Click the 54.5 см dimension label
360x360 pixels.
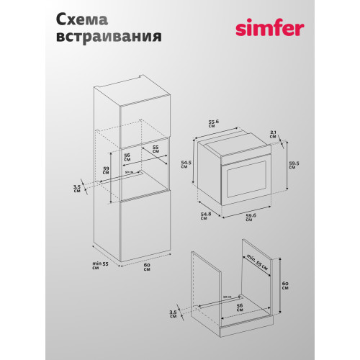[x=186, y=168]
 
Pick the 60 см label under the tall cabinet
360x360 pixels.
[x=148, y=269]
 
